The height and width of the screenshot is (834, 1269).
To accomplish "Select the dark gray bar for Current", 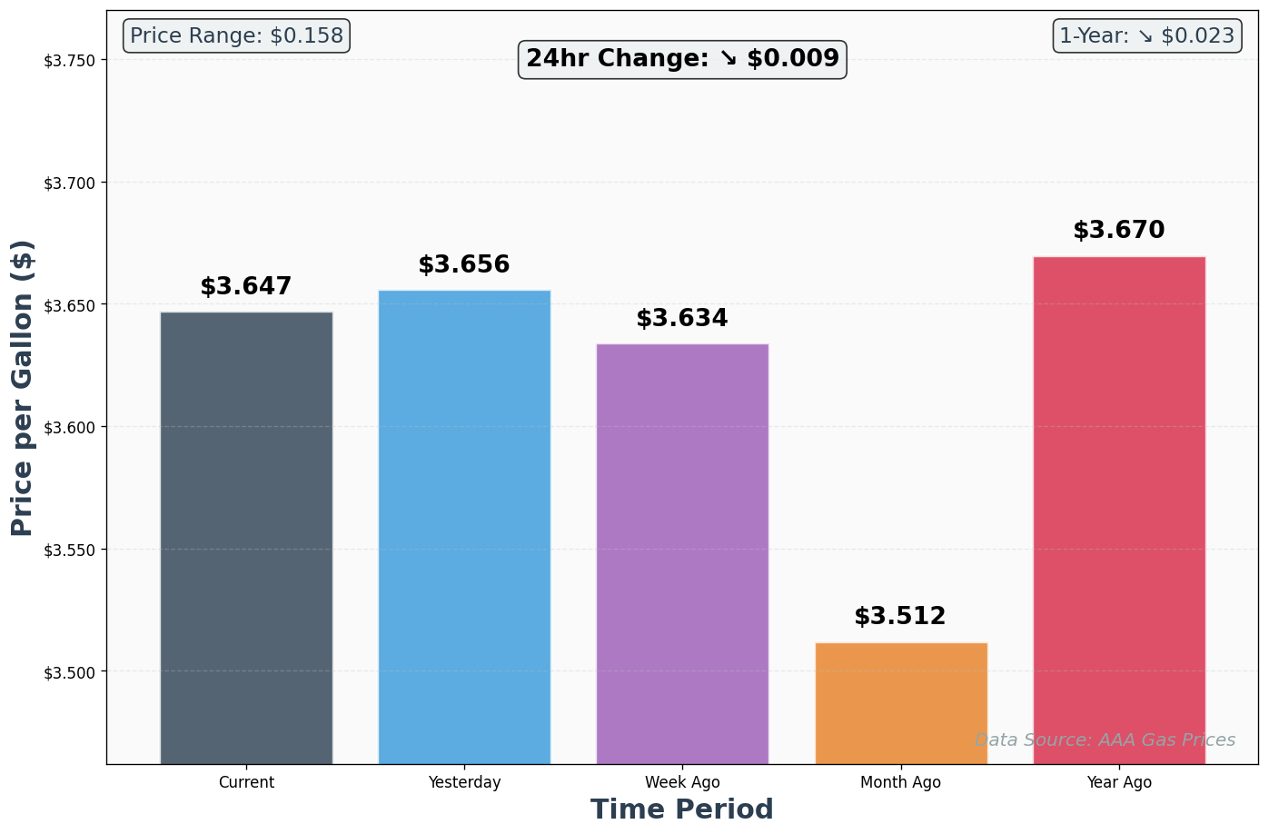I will [246, 538].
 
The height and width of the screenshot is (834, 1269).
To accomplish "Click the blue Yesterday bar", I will [464, 527].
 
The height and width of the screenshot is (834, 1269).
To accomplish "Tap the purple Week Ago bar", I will [682, 553].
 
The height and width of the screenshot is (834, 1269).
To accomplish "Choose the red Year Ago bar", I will [1119, 510].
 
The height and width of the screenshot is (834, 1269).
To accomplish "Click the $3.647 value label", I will [246, 287].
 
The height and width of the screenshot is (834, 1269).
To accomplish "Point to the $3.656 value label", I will [464, 265].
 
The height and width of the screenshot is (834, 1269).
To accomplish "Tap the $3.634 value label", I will [682, 319].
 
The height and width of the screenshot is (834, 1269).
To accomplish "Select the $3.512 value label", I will [900, 617].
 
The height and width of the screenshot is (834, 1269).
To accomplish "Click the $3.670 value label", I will [1119, 231].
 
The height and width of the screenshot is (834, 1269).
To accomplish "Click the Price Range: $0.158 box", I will [236, 36].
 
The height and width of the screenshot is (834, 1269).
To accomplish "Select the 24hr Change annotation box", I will [682, 59].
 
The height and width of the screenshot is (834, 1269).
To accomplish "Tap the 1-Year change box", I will [1147, 36].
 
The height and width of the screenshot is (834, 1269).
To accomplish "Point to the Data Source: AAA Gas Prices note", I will [1105, 740].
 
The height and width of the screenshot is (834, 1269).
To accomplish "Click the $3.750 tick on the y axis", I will [69, 61].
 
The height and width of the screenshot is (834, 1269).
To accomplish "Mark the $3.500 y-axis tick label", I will [69, 672].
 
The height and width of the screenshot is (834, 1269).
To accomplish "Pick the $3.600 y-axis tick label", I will [69, 428].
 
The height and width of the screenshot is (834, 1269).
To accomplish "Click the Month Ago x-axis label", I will [901, 782].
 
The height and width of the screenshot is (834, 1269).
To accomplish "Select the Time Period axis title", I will [682, 809].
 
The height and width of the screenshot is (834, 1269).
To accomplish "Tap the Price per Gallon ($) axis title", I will [23, 388].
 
